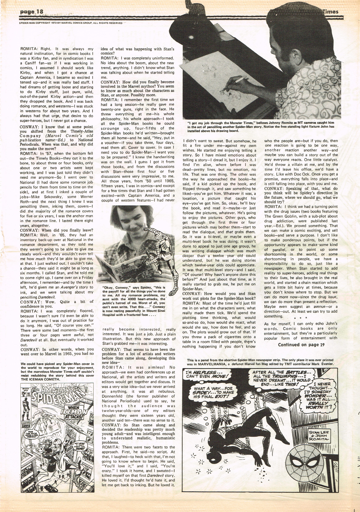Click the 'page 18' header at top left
(31, 12)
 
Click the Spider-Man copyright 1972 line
(70, 23)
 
